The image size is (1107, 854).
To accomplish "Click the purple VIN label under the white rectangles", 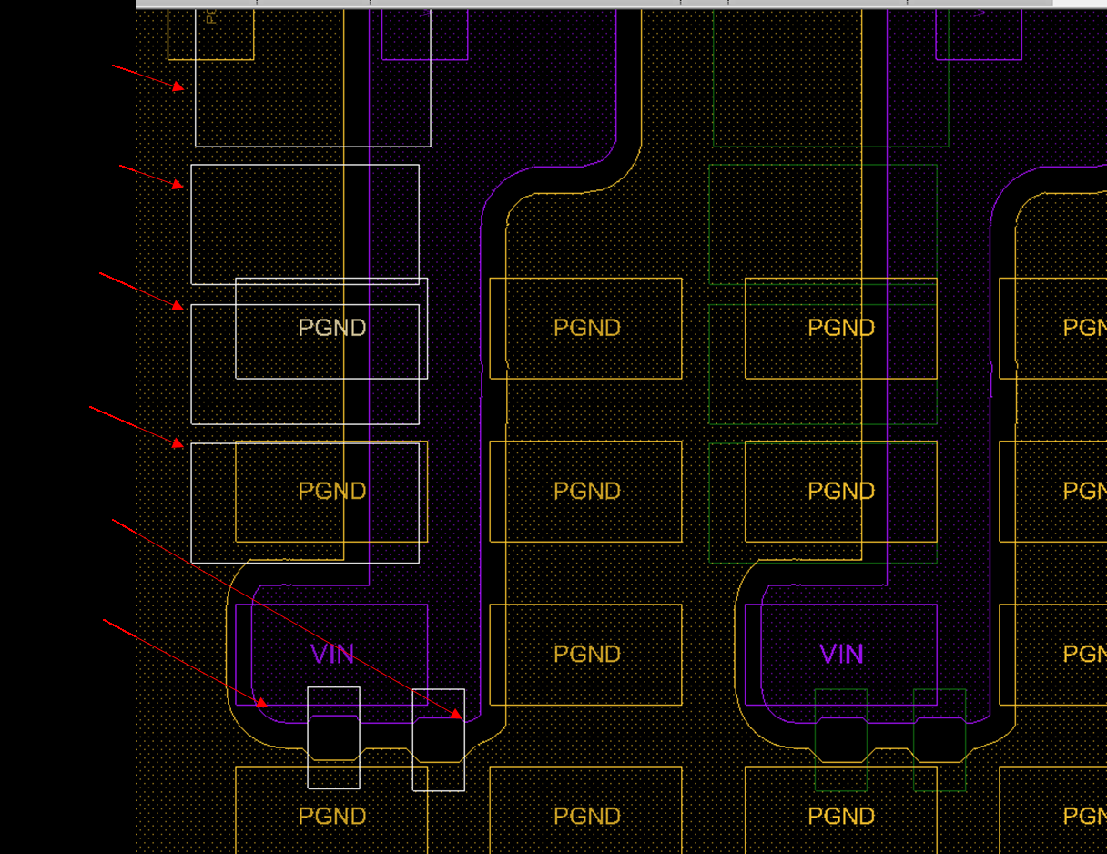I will pos(331,655).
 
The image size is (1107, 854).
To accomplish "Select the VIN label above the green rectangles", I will pos(841,655).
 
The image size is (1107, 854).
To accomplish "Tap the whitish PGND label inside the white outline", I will pos(332,328).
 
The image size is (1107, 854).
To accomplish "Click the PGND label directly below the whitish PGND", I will pos(332,491).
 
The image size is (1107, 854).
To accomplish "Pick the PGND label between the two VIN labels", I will pos(587,655).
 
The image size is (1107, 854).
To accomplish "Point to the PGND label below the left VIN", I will pos(332,817).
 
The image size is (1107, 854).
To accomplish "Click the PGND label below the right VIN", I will pos(841,817).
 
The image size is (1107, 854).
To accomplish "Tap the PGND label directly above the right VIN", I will pos(841,491).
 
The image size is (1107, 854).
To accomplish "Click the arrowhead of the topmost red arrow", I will pos(179,87).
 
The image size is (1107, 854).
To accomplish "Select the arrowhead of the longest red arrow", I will pos(458,716).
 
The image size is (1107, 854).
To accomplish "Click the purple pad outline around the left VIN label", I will pos(236,655).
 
